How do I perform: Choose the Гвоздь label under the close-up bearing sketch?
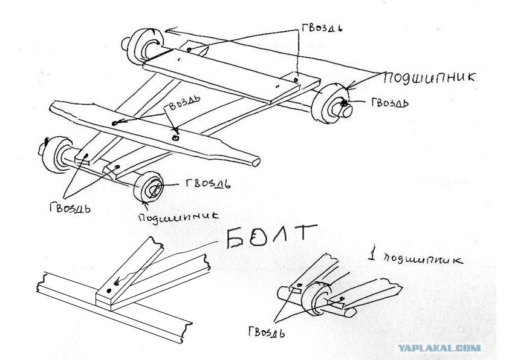(267, 332)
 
